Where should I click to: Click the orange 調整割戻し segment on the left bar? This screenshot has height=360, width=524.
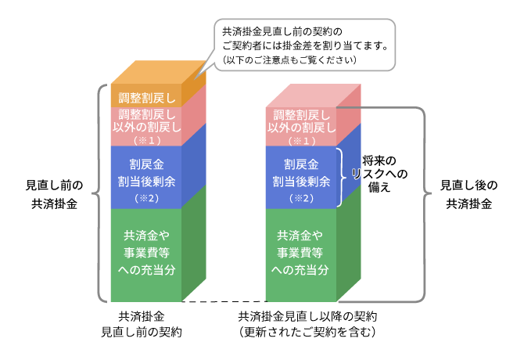tap(146, 98)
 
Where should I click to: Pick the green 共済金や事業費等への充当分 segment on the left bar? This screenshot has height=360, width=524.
tap(146, 252)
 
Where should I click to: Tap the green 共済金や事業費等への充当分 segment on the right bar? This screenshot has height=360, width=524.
tap(301, 252)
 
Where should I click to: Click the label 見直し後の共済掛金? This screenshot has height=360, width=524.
tap(468, 195)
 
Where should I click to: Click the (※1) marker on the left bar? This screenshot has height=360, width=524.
tap(146, 140)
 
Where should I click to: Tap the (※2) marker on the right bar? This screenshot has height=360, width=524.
tap(301, 199)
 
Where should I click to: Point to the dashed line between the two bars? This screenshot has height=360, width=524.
tap(224, 301)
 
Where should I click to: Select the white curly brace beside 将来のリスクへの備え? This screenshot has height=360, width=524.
tap(340, 177)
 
